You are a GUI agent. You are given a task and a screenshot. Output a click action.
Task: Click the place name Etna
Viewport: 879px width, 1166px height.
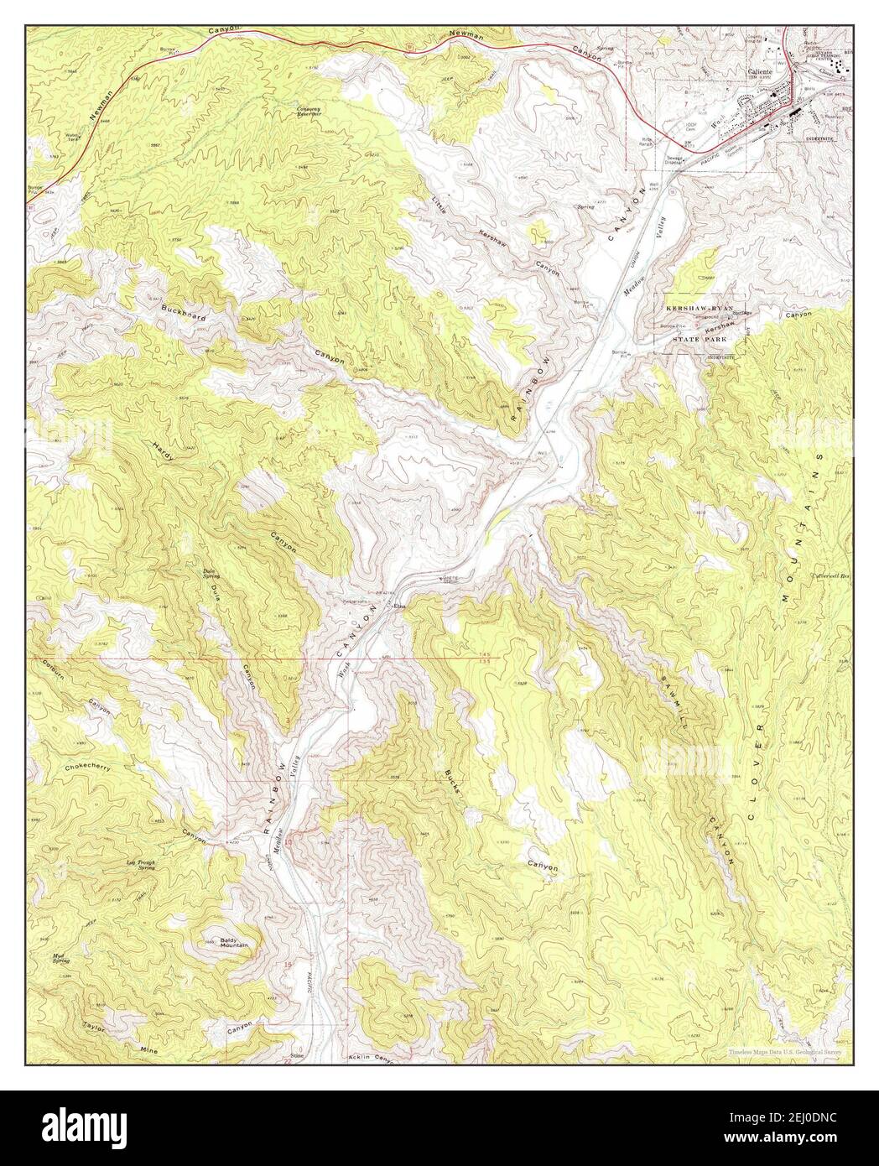400,604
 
